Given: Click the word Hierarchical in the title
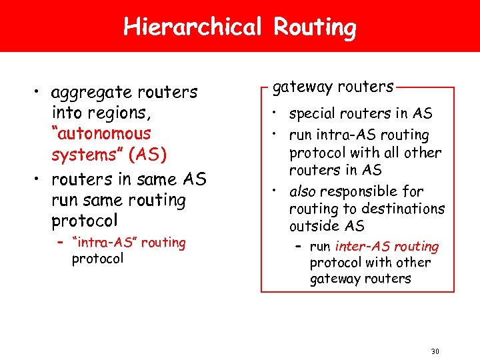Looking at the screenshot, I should (193, 27).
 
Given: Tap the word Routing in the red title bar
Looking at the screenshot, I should (315, 27).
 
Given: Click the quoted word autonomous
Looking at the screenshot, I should (101, 133).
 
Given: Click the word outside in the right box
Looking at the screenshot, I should (313, 227).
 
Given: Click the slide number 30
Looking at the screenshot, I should (435, 351).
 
